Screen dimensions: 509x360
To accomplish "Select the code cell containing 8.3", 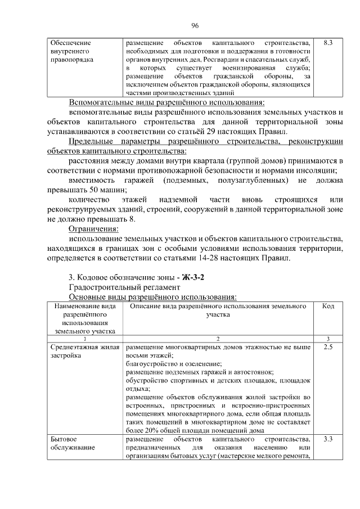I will coord(328,42).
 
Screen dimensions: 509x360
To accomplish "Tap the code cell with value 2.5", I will coord(328,348).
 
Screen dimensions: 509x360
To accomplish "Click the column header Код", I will coord(328,306).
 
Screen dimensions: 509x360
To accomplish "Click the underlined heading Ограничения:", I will coord(93,229).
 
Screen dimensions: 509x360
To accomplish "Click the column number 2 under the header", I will coord(217,339).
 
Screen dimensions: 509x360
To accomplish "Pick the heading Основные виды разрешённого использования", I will coord(152,296).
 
